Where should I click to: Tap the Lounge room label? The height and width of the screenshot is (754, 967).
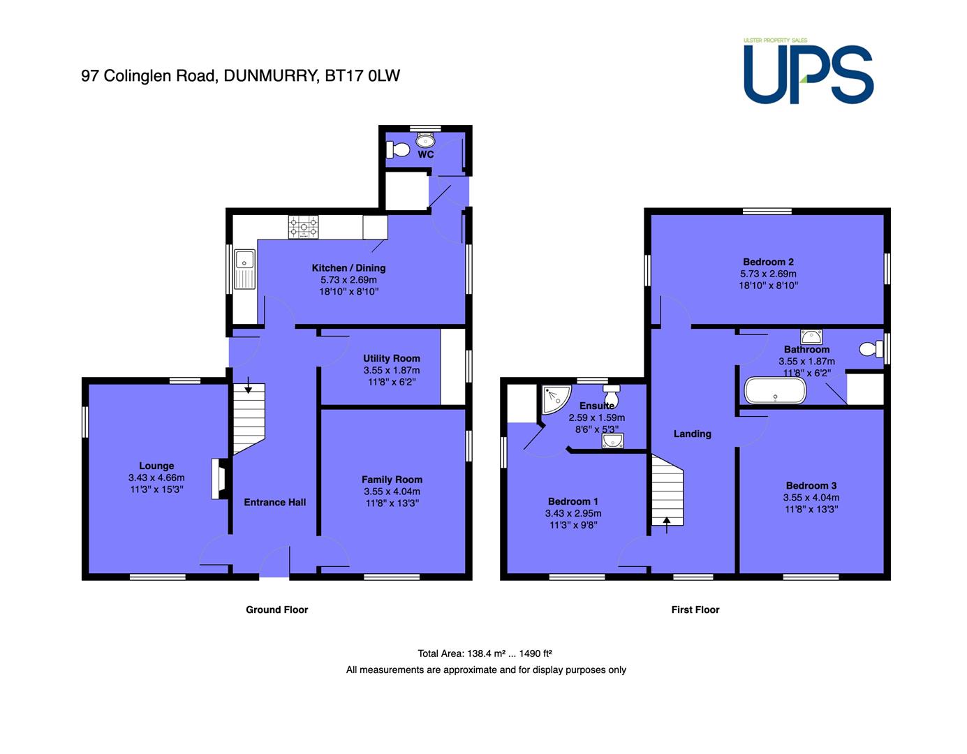pos(156,466)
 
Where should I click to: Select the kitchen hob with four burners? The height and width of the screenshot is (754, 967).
pos(303,227)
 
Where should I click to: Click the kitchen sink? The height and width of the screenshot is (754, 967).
pos(244,269)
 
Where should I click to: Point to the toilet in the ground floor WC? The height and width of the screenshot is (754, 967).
pos(397,149)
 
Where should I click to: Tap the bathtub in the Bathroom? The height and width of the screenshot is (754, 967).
pos(775,390)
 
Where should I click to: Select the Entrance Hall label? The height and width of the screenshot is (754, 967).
pos(274,502)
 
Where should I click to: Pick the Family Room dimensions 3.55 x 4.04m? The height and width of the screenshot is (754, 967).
pos(392,491)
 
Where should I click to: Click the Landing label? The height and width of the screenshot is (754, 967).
pos(692,434)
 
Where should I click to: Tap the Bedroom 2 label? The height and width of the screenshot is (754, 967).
pos(768,262)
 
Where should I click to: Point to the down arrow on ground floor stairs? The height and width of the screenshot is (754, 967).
pos(248,385)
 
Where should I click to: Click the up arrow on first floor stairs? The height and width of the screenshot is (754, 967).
pos(667,525)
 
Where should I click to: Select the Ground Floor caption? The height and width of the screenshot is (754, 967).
pos(276,609)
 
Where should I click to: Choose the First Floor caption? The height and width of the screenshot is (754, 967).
pos(695,609)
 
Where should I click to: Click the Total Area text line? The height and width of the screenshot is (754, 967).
pos(485,653)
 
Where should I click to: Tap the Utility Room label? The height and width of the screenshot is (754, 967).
pos(391,358)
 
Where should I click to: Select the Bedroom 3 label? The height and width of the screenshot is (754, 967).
pos(811,486)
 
